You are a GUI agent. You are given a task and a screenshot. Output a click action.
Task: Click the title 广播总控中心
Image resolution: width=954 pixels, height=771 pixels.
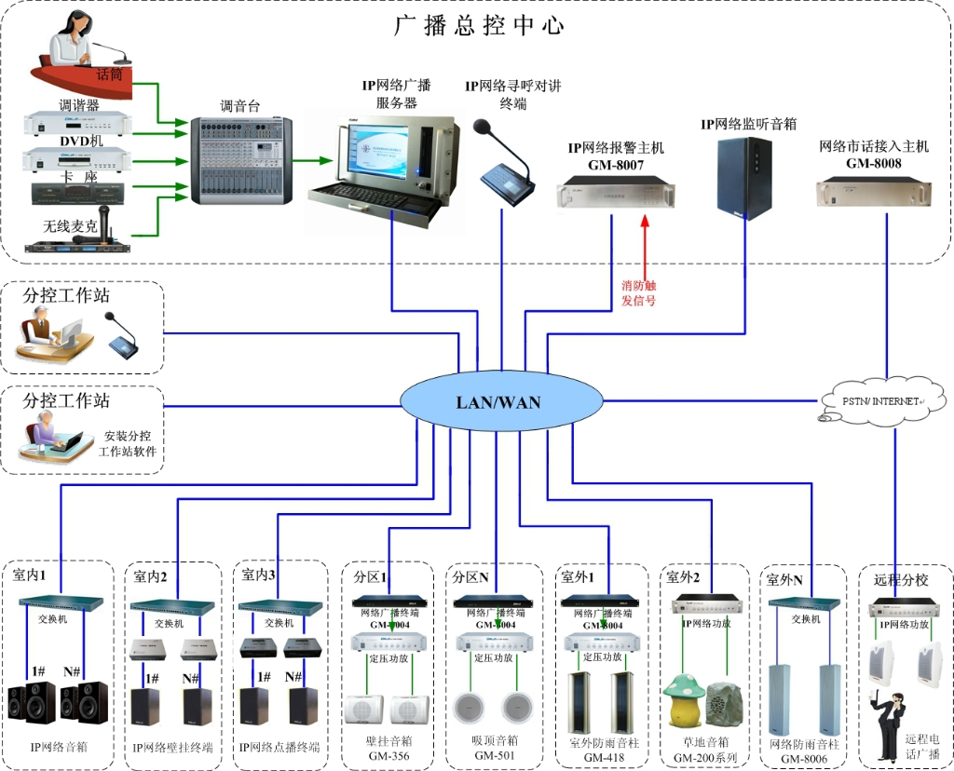point(479,24)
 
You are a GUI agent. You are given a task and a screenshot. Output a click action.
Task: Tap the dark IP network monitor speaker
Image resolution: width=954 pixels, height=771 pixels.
point(743,178)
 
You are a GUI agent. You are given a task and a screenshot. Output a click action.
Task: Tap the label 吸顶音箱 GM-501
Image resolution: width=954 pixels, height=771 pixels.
point(496,748)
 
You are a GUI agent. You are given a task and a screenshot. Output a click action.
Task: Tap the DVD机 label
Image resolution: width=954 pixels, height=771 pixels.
point(81,140)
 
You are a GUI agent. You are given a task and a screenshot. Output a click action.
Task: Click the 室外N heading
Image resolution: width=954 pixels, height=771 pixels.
point(784,579)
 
